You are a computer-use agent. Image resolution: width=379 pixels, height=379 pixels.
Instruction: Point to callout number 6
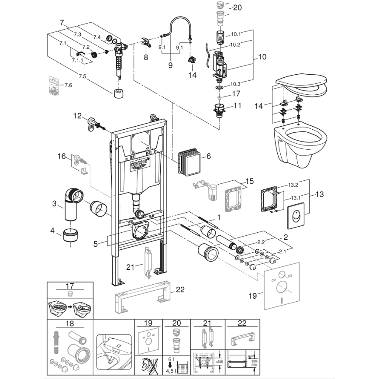point(209,156)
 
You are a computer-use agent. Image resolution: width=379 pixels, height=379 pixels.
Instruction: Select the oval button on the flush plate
point(296,215)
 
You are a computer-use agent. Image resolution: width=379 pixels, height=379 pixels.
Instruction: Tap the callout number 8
point(145,57)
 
